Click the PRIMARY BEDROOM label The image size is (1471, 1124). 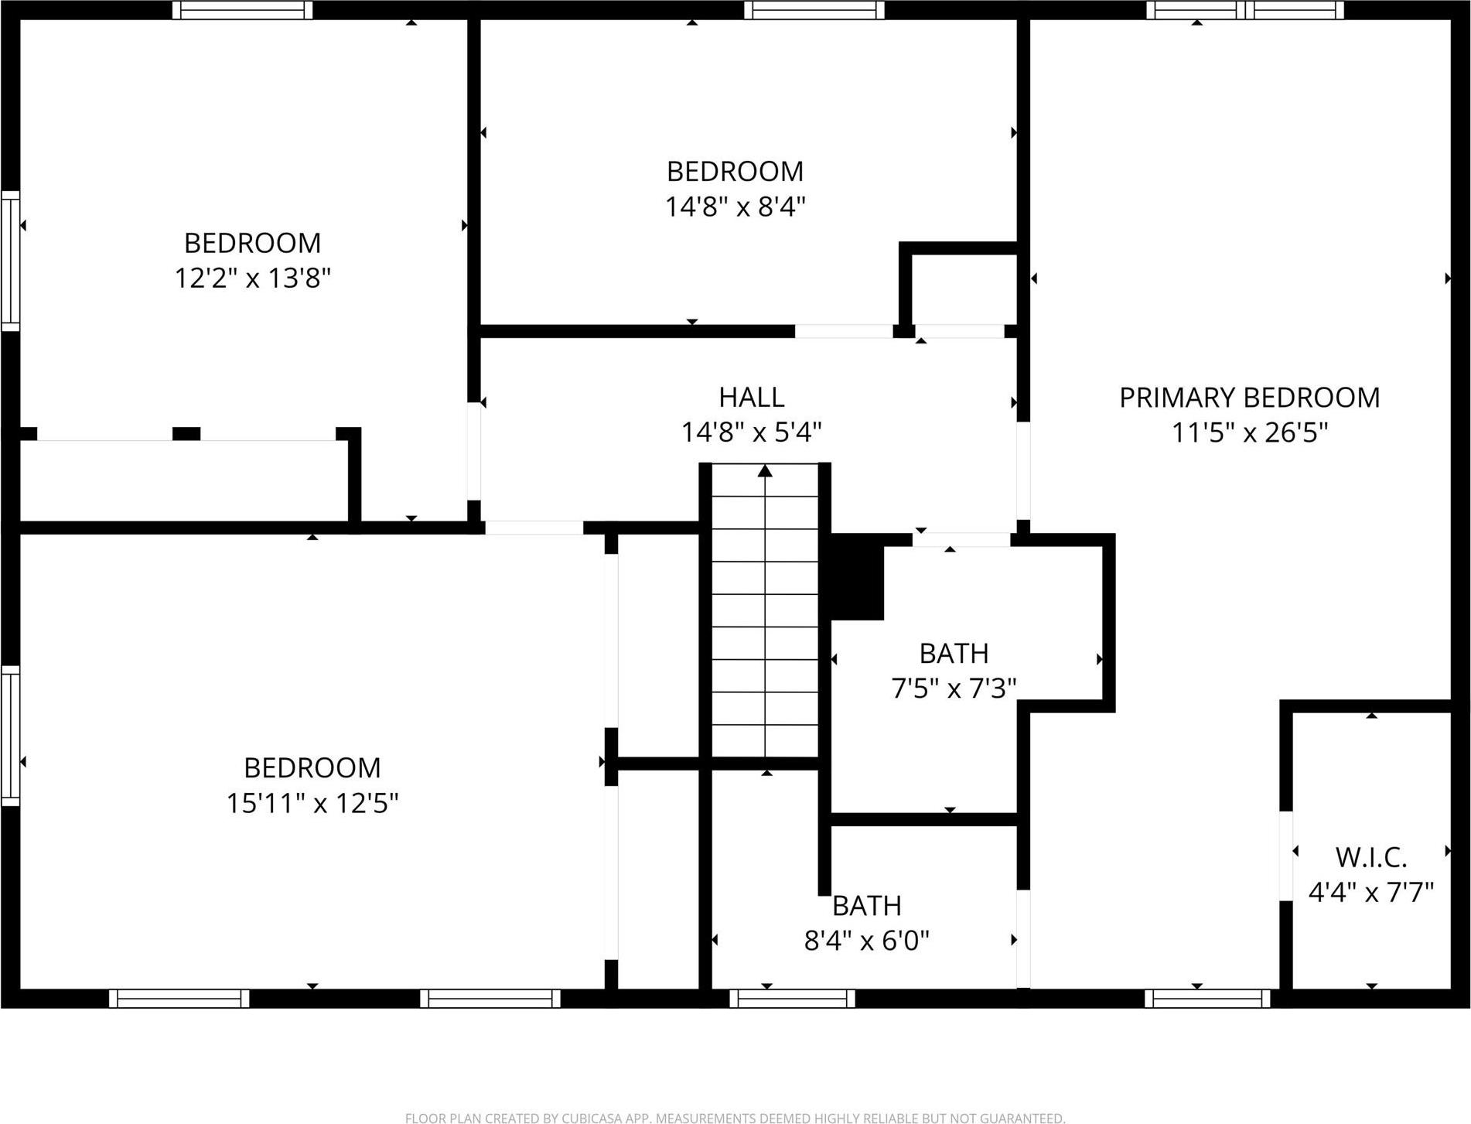(x=1249, y=398)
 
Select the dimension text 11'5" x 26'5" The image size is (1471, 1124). (x=1249, y=432)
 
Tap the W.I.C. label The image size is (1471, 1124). (x=1370, y=857)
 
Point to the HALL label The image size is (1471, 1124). (x=751, y=397)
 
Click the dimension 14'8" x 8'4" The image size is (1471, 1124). (x=735, y=207)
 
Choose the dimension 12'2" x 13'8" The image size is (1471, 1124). (x=252, y=278)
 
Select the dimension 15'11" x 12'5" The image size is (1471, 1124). (x=312, y=803)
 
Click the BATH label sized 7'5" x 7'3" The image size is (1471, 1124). (x=954, y=654)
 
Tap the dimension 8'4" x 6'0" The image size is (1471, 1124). (x=866, y=941)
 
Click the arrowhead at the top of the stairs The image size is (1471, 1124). (x=765, y=470)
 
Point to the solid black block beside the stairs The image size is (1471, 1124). (x=857, y=578)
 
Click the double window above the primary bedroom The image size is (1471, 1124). (x=1244, y=10)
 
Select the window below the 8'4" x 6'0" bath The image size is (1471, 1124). (x=792, y=999)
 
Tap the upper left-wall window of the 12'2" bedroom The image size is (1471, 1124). (x=10, y=261)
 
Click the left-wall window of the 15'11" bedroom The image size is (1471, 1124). (x=10, y=735)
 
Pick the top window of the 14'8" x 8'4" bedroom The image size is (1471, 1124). (x=814, y=10)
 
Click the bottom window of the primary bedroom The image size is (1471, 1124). (x=1206, y=999)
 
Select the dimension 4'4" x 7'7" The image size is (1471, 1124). (x=1370, y=893)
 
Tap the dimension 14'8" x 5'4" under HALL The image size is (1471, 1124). (x=751, y=432)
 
